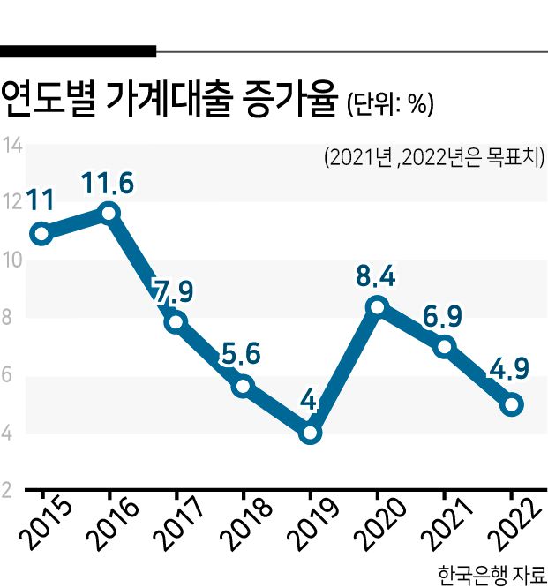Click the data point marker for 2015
click(x=40, y=234)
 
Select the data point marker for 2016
click(x=109, y=213)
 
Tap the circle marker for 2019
click(x=309, y=433)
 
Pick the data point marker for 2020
click(x=378, y=306)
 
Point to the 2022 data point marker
click(x=512, y=405)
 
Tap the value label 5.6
click(x=242, y=355)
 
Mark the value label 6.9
click(x=444, y=315)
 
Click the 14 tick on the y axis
click(x=11, y=145)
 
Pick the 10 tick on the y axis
click(x=11, y=260)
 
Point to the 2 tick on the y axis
click(x=7, y=492)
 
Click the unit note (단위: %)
click(x=389, y=105)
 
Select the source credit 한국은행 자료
click(x=491, y=573)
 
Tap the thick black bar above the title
click(x=79, y=51)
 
